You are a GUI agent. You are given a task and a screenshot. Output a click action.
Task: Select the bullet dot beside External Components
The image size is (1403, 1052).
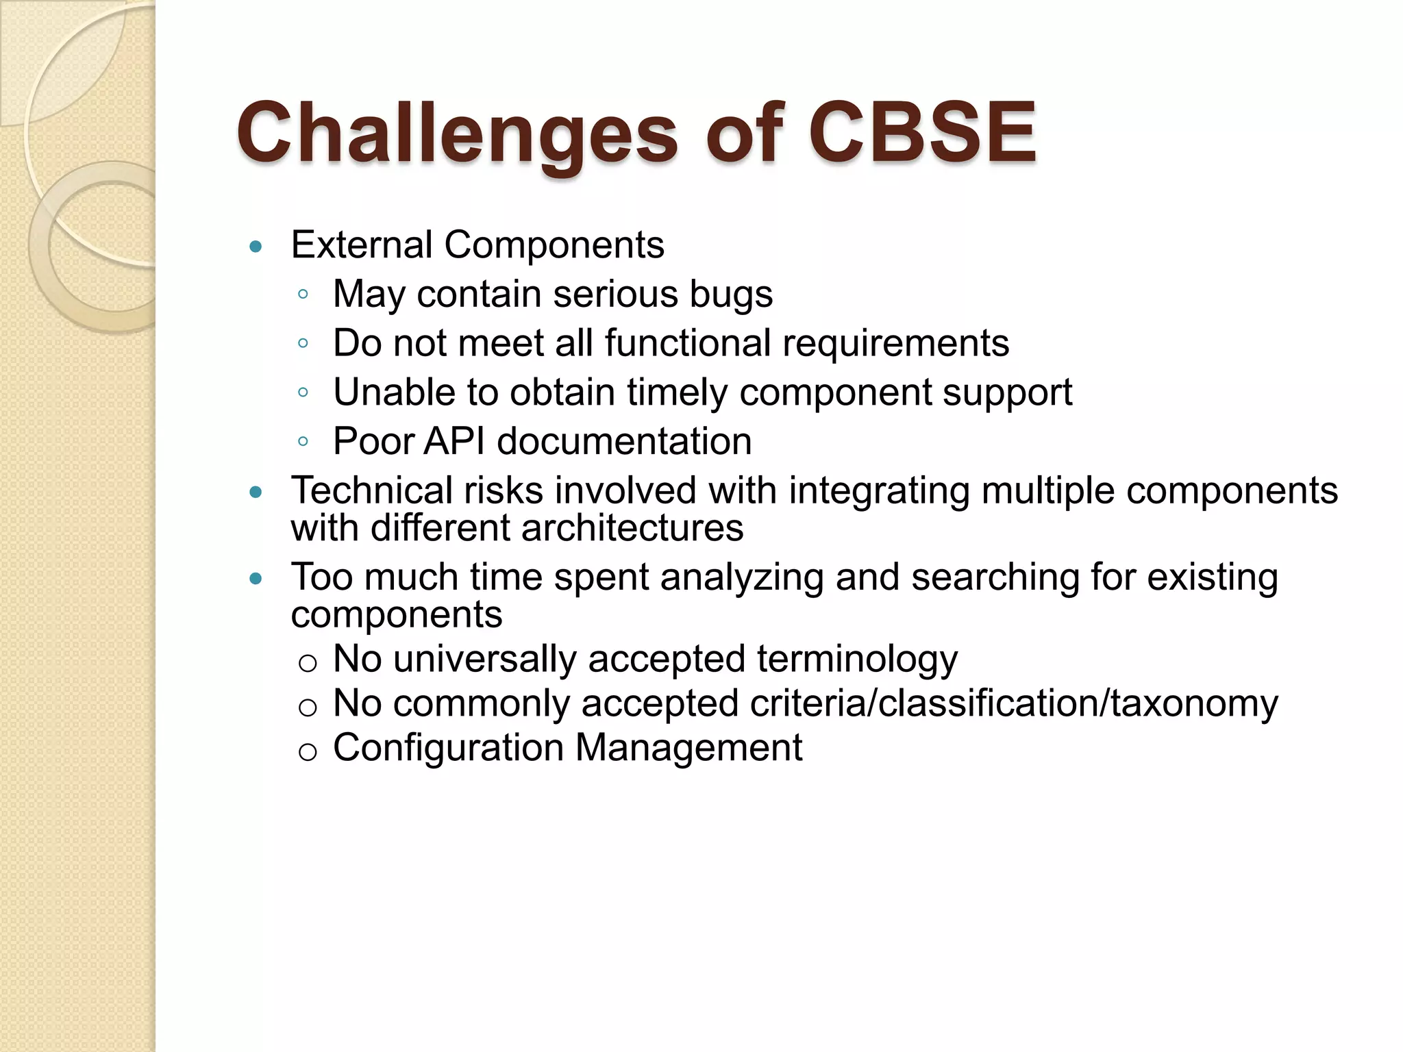(x=256, y=247)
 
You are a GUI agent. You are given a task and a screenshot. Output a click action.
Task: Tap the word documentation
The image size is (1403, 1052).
(x=624, y=441)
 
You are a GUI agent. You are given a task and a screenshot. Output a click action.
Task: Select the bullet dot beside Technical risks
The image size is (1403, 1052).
(x=256, y=492)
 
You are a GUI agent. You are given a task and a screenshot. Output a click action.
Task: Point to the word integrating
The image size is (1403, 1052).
(x=879, y=491)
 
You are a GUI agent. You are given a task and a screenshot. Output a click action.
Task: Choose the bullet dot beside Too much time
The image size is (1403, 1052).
(x=256, y=579)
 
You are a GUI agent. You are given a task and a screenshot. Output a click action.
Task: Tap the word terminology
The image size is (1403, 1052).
(x=857, y=660)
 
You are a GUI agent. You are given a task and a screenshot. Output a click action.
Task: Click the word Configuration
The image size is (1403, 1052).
(x=447, y=748)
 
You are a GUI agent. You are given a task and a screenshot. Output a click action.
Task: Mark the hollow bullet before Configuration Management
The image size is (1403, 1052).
(x=308, y=752)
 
